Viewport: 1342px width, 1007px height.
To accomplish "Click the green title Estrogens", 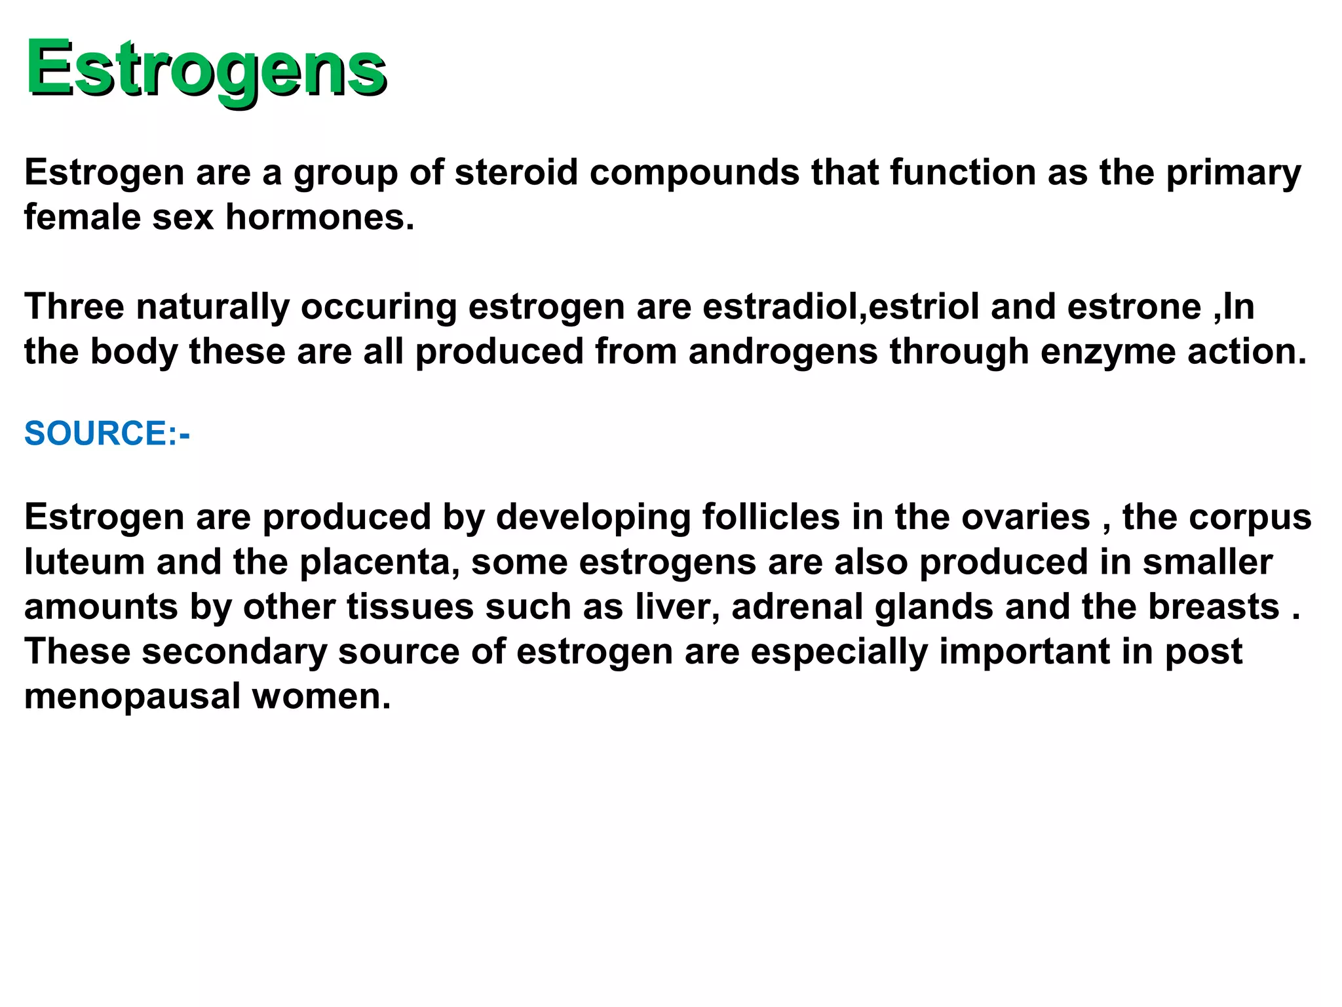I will click(206, 68).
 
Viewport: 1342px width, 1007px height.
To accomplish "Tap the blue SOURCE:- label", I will click(107, 433).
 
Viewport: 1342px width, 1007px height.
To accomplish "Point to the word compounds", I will click(694, 172).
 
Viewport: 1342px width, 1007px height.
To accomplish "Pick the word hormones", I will click(320, 217).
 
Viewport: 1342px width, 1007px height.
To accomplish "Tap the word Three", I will click(74, 306).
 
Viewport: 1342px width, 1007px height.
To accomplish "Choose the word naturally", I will click(213, 306).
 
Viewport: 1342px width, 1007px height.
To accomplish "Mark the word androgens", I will click(783, 351).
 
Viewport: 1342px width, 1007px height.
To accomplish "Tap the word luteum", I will click(85, 562).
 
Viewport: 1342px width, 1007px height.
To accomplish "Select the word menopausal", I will click(132, 696).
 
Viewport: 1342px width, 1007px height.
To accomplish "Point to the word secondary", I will click(235, 652).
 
